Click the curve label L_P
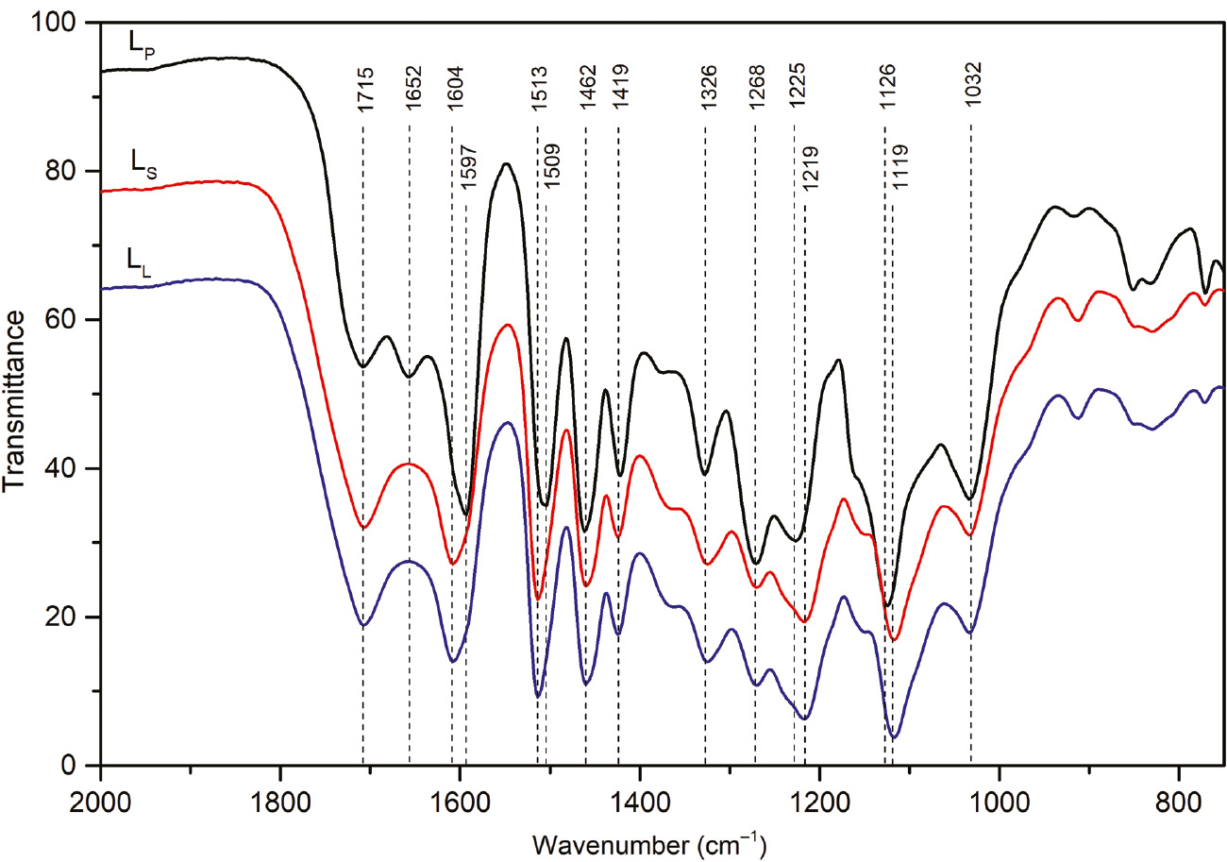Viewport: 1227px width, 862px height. [143, 43]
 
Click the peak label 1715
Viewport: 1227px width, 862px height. [365, 91]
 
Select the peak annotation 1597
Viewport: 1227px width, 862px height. [469, 169]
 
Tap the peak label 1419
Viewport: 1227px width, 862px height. [619, 91]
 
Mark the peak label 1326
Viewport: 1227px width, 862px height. [706, 91]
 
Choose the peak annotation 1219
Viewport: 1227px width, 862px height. [808, 169]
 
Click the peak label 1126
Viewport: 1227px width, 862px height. [886, 91]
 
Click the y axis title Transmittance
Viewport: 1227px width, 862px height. [15, 392]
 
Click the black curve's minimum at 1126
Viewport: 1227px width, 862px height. [887, 605]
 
